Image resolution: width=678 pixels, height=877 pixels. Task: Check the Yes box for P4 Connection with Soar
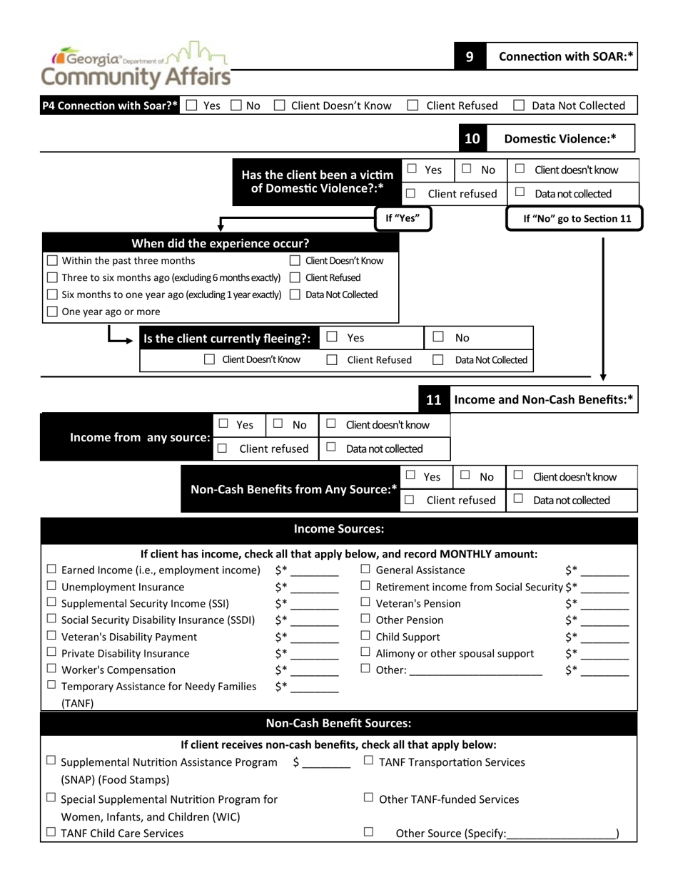(191, 106)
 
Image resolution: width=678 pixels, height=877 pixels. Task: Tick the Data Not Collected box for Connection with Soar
(520, 106)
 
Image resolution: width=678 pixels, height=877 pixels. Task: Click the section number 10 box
(472, 138)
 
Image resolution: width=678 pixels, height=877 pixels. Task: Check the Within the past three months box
(52, 260)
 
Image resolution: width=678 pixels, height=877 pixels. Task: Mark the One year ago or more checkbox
(52, 312)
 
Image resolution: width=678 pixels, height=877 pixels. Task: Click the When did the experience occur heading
(220, 242)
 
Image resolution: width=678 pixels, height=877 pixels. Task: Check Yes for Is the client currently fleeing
(332, 337)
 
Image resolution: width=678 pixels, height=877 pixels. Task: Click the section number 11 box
(433, 400)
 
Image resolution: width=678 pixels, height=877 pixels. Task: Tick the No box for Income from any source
(278, 424)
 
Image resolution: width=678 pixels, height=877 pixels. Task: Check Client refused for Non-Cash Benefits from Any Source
(410, 500)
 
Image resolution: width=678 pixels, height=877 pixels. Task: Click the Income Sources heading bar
(339, 529)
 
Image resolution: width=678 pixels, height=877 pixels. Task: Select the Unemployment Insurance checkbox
(52, 587)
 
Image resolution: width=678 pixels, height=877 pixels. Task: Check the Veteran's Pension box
(365, 603)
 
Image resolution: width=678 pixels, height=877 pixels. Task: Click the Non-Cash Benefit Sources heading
(339, 724)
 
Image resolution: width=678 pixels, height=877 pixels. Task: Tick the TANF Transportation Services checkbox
(368, 761)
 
